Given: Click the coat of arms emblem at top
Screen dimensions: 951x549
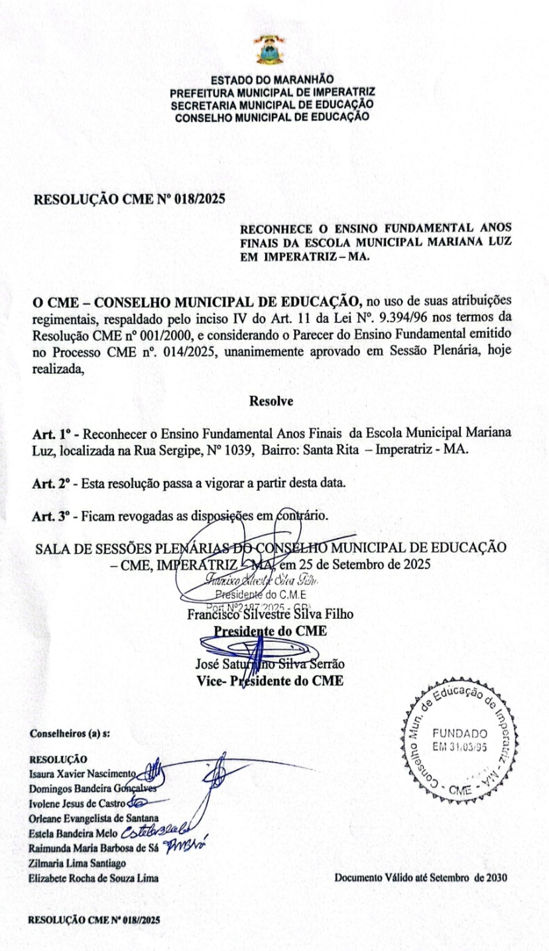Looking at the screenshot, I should click(x=271, y=49).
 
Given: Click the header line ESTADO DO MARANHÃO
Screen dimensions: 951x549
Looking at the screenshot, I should click(x=272, y=81).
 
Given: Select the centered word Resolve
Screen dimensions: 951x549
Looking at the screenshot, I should click(x=271, y=401).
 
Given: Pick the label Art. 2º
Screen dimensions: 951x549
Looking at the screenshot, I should click(x=52, y=483).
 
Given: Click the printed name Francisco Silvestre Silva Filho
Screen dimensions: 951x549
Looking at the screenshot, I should click(x=270, y=614).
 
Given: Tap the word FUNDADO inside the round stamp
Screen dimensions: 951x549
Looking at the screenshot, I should click(x=460, y=733).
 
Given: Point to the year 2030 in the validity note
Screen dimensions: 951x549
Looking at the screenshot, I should click(x=496, y=878).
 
